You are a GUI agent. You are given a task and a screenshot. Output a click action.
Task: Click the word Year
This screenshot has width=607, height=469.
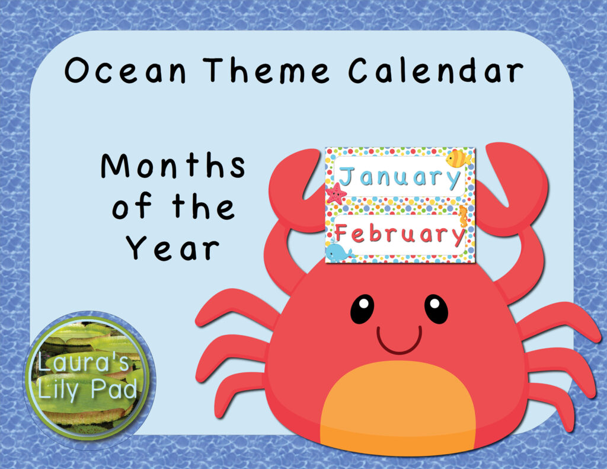[x=172, y=248]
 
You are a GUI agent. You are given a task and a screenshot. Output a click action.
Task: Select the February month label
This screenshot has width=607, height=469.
[x=400, y=235]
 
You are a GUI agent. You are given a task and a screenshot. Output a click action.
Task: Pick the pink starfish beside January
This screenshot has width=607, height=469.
[x=336, y=193]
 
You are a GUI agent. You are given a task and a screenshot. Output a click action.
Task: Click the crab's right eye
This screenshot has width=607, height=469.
[x=436, y=309]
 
